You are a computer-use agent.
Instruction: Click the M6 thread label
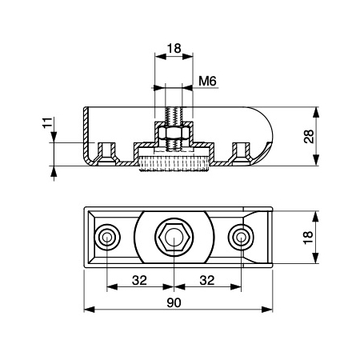tap(207, 81)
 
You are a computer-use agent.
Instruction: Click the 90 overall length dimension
tap(174, 302)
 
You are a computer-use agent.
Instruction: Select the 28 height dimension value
tap(309, 137)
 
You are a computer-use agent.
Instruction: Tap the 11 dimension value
tap(47, 123)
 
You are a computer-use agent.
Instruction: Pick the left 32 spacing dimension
tap(139, 280)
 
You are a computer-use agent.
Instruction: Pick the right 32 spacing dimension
tap(207, 280)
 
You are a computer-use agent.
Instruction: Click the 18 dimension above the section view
tap(174, 48)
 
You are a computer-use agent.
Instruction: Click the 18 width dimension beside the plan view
tap(308, 237)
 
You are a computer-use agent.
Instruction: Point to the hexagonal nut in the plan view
tap(174, 237)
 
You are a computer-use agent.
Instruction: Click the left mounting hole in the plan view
tap(107, 237)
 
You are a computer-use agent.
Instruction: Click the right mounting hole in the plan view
tap(241, 237)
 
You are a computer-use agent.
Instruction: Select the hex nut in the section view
tap(174, 134)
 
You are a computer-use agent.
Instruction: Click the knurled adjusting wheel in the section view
tap(174, 164)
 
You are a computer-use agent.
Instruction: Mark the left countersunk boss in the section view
tap(107, 154)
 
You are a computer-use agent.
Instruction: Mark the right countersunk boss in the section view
tap(241, 154)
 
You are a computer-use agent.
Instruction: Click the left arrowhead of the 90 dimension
tap(89, 310)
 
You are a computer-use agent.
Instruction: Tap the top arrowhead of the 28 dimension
tap(316, 112)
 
